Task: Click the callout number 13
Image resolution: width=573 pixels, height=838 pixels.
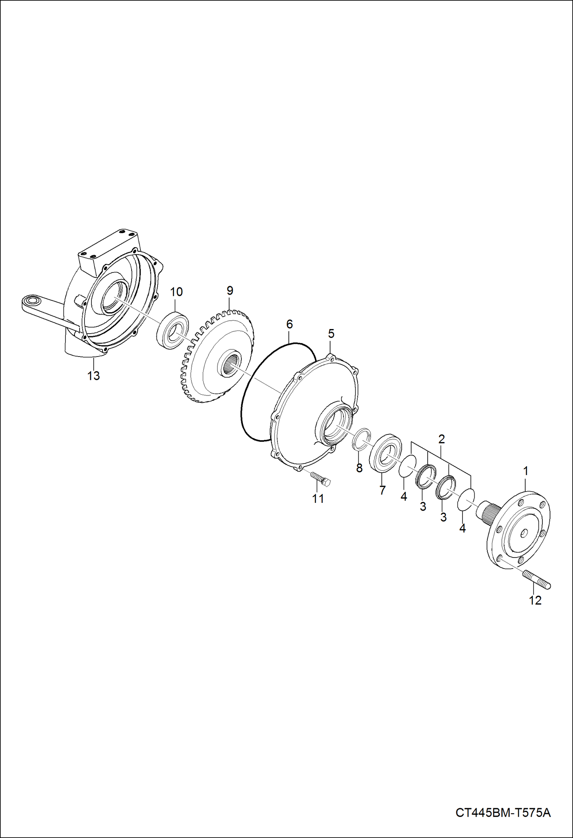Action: [93, 376]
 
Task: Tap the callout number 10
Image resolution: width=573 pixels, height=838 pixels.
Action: [176, 292]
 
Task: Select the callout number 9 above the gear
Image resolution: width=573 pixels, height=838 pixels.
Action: [230, 290]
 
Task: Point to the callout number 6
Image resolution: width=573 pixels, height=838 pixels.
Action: [289, 324]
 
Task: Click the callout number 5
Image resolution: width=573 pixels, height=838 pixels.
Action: [331, 334]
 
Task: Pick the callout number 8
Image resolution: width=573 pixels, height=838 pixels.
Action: [359, 468]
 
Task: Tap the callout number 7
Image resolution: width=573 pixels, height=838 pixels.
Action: [382, 490]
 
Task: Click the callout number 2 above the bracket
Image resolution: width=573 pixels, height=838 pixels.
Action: [441, 439]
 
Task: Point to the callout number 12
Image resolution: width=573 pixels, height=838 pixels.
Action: [535, 600]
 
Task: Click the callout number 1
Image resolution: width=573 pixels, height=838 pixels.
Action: [526, 471]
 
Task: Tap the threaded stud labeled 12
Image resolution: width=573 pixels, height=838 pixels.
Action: [536, 580]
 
